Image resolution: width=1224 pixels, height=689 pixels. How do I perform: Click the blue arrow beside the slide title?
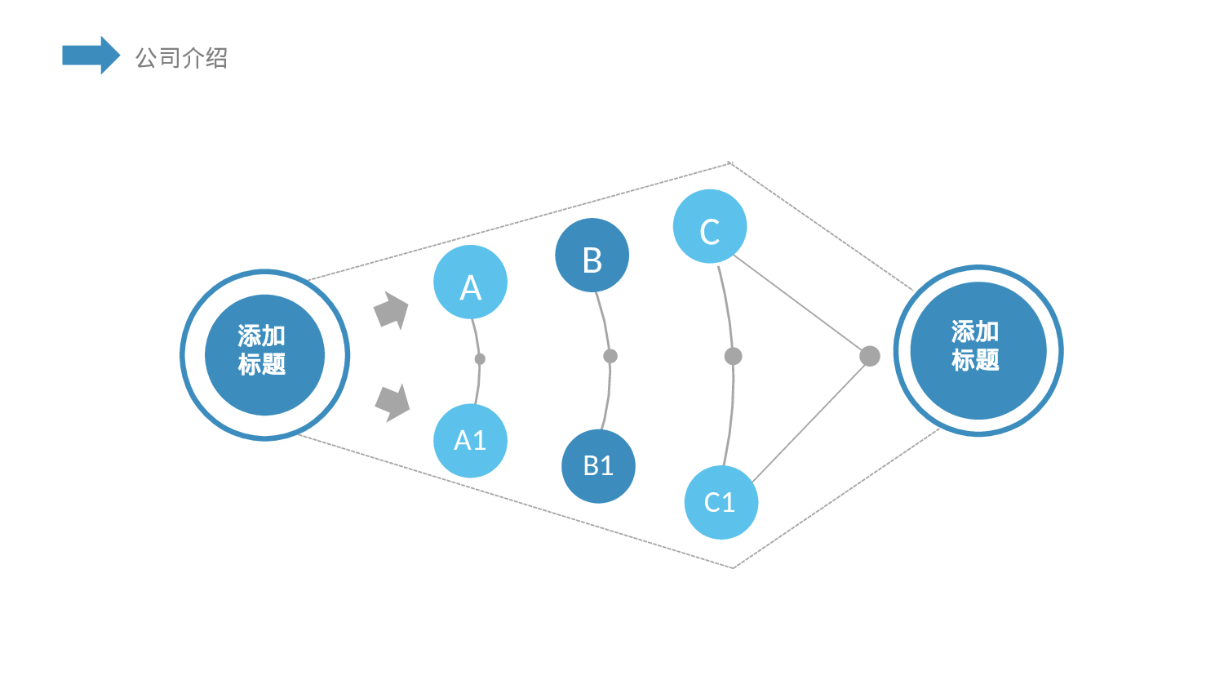point(90,56)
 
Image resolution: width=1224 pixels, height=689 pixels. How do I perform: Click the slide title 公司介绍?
point(181,58)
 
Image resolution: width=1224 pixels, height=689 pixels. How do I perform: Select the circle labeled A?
point(470,282)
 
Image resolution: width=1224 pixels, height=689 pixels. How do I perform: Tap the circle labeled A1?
point(470,441)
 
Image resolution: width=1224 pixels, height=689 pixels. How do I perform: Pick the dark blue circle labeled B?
point(592,256)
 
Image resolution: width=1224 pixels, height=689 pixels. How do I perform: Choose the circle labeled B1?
point(598,466)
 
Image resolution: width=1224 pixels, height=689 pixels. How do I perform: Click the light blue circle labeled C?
point(710,226)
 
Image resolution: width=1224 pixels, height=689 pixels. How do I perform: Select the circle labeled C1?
point(721,502)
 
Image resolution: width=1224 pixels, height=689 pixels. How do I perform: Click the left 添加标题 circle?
point(264,355)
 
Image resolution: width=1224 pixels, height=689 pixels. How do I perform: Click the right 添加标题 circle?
point(978,351)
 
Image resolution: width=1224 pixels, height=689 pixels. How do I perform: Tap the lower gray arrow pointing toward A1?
point(392,402)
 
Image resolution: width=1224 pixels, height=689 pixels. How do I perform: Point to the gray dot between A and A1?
point(480,359)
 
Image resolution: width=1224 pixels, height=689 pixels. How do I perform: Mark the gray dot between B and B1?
point(610,356)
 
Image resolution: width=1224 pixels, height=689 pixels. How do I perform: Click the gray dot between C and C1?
point(733,356)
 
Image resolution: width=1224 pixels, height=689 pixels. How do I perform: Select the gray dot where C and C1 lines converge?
point(870,356)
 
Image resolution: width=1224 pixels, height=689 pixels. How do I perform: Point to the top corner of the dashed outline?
point(730,163)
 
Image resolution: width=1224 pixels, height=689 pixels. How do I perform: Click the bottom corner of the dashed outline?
point(733,567)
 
